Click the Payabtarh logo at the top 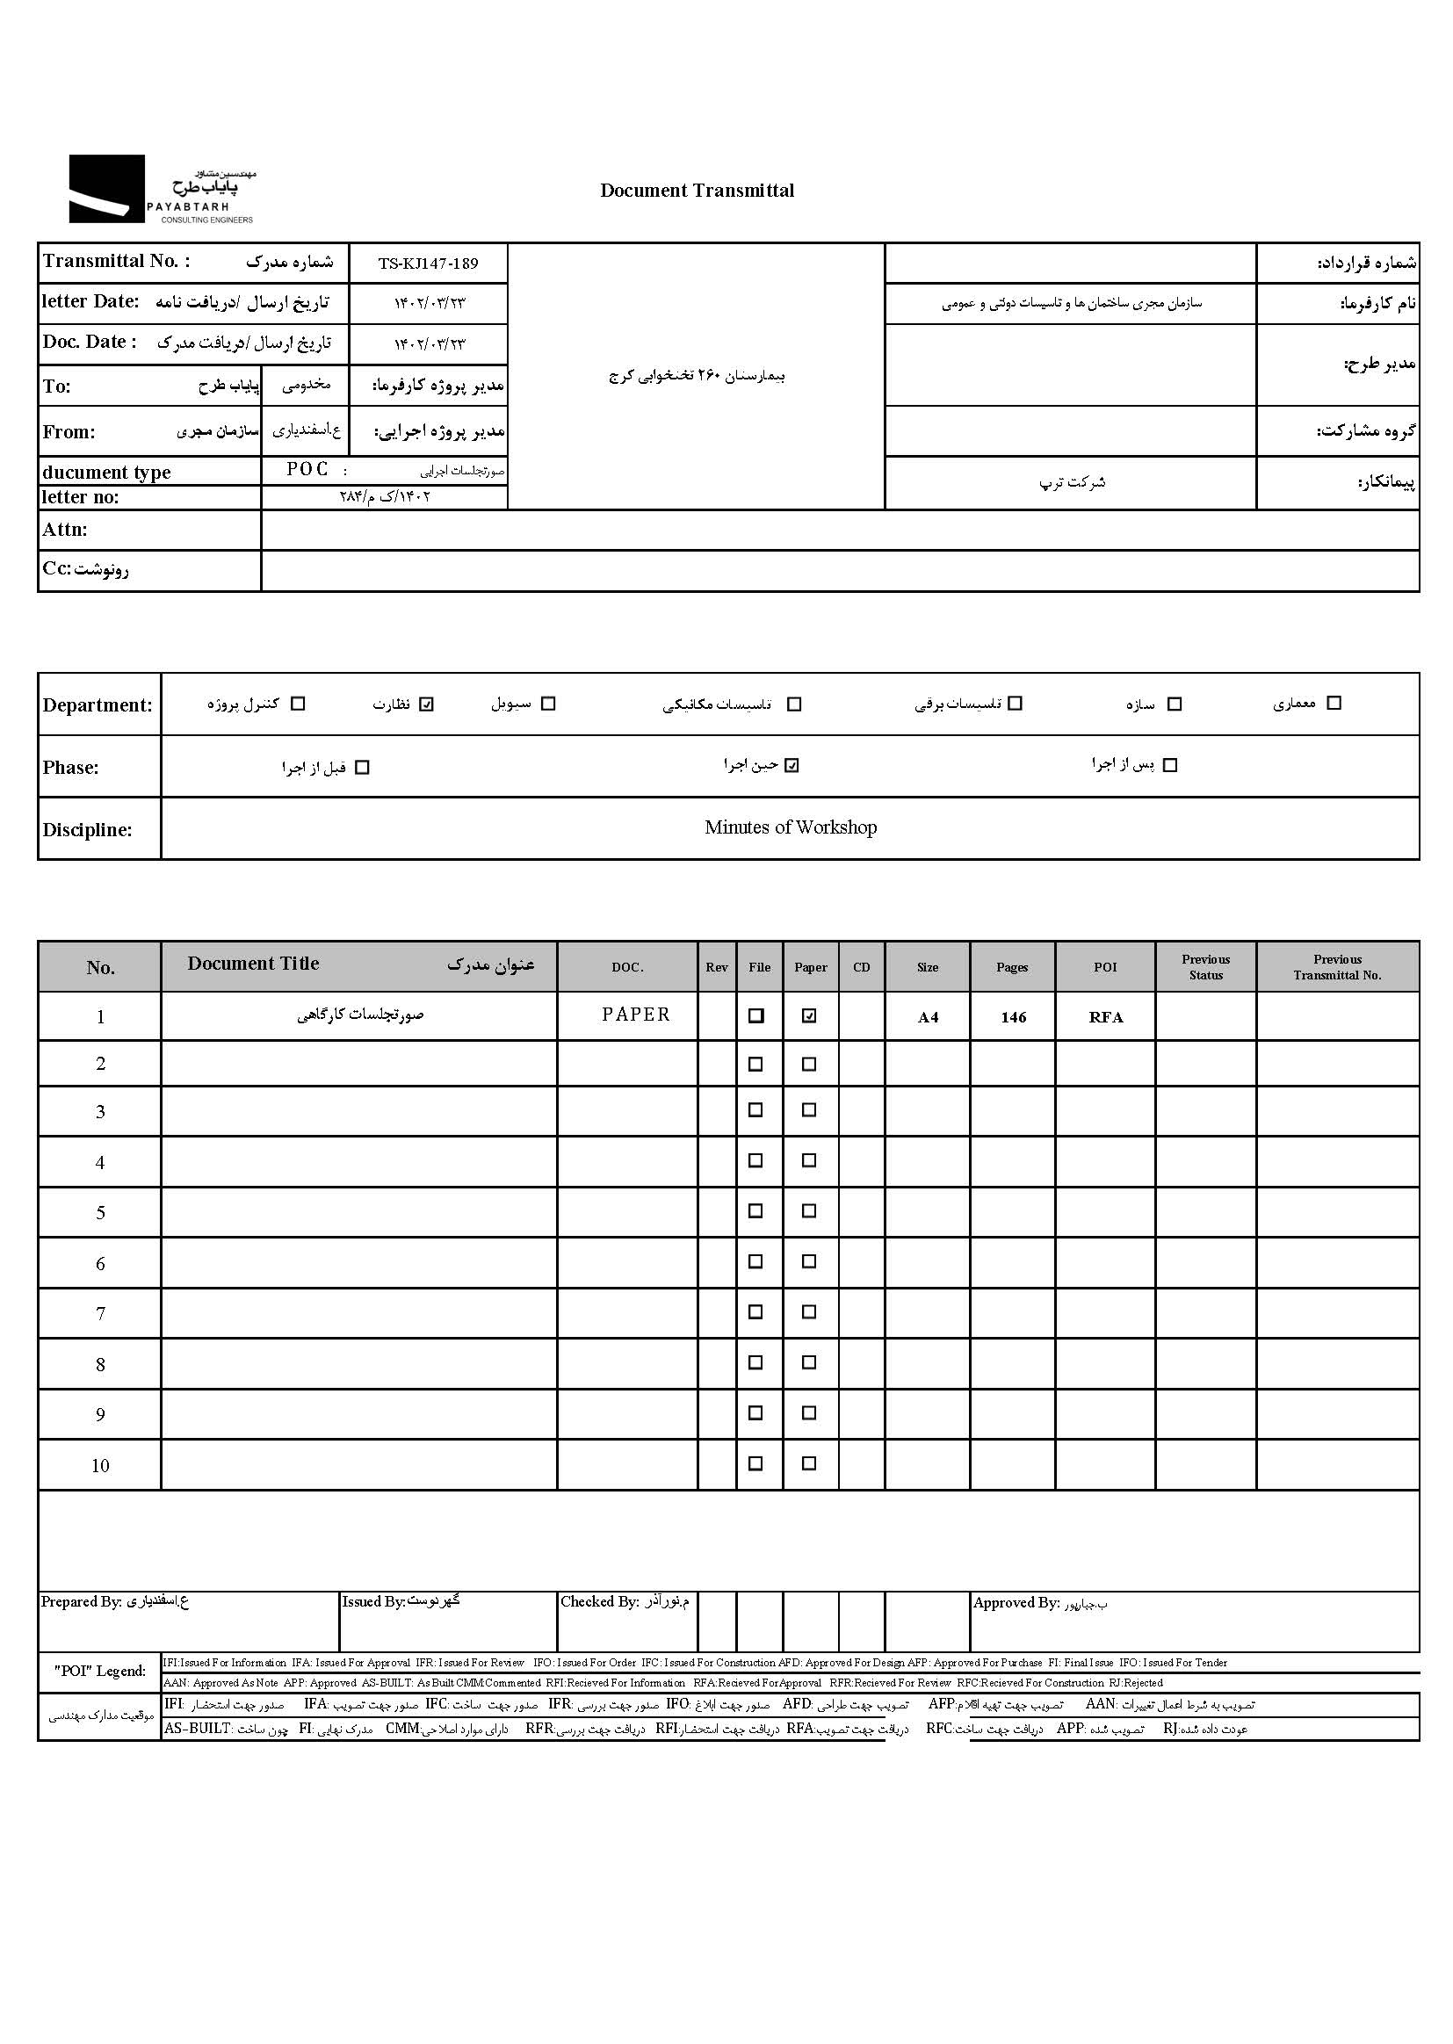162,189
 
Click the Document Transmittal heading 697,191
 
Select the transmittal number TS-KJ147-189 428,264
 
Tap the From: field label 68,432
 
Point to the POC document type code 307,470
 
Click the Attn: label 64,530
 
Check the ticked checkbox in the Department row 427,704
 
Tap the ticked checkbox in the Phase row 792,766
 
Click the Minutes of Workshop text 790,827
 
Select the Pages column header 1012,967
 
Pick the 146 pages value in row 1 1013,1017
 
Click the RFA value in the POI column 1106,1017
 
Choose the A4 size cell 928,1017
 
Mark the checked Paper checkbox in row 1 810,1016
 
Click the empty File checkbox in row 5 756,1211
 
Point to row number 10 100,1465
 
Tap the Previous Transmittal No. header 1337,967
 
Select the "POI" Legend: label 99,1671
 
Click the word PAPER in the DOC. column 635,1015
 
